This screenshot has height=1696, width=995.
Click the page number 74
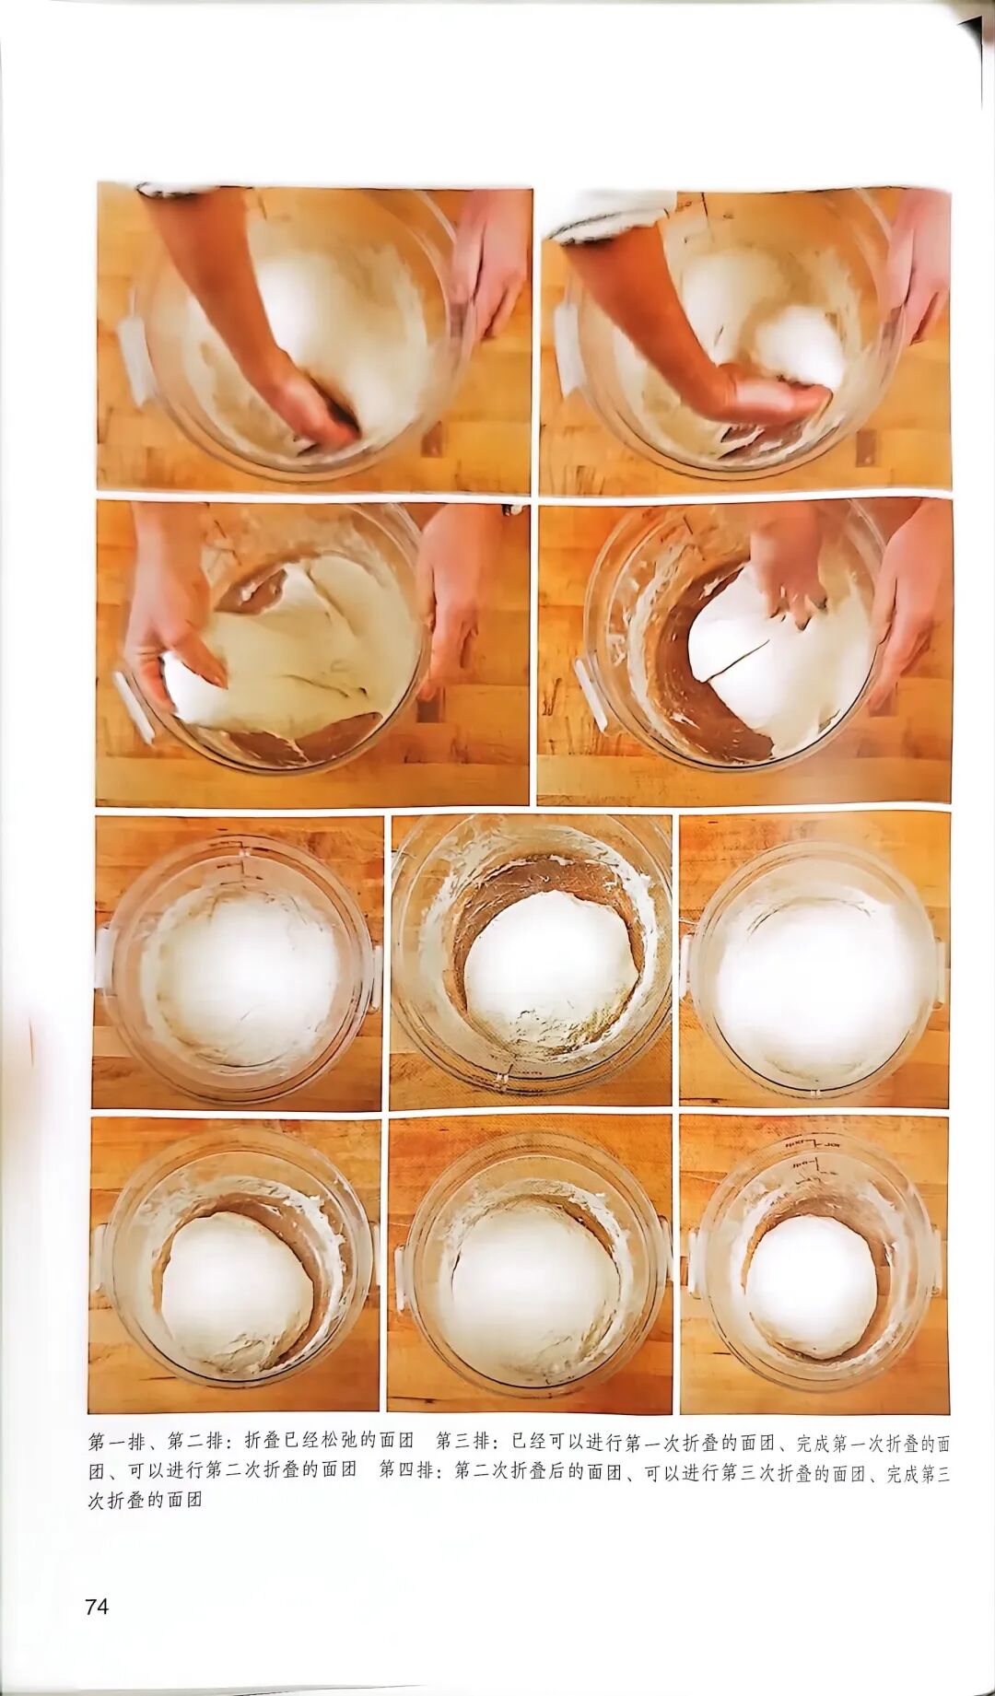(97, 1607)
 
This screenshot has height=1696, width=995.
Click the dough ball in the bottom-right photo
(811, 1284)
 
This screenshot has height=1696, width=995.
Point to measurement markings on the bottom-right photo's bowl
(811, 1152)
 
